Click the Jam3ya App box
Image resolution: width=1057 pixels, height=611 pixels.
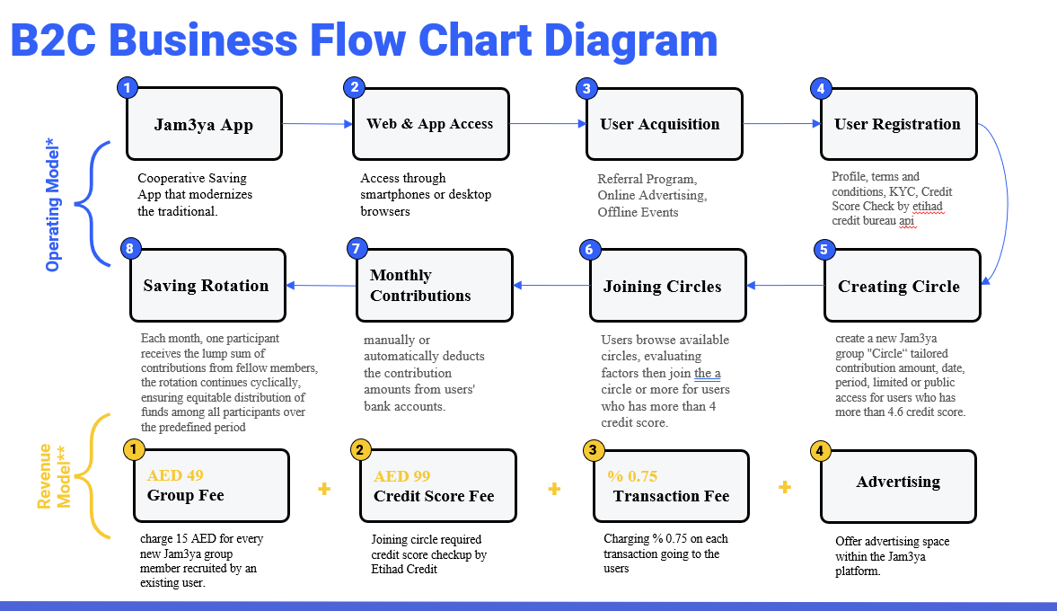[x=204, y=123]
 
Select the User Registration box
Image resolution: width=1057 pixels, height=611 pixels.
[x=899, y=124]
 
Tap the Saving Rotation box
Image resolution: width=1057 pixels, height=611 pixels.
[x=207, y=285]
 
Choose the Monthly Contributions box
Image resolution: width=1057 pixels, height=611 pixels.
[x=434, y=285]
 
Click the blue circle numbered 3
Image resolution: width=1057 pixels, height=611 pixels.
[x=586, y=88]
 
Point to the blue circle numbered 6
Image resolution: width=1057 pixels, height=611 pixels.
[x=589, y=250]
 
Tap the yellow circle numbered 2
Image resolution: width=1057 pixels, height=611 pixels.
[x=360, y=450]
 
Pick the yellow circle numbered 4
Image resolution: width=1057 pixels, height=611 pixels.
[x=820, y=450]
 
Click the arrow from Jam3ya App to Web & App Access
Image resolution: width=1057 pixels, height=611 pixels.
[x=318, y=124]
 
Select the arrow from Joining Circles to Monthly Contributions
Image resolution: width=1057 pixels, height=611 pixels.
[x=551, y=285]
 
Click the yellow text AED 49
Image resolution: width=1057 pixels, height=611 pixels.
[x=175, y=475]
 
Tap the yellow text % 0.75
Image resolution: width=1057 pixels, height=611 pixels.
[x=632, y=476]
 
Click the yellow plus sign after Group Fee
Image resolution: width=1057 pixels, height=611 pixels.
[x=324, y=488]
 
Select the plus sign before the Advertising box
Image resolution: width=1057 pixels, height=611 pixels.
[x=785, y=487]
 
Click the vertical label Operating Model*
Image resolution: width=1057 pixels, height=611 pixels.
[x=53, y=205]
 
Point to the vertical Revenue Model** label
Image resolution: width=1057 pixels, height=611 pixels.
[x=54, y=476]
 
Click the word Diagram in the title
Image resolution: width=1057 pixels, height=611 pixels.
[x=631, y=40]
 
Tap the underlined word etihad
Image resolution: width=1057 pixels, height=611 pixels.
[x=928, y=207]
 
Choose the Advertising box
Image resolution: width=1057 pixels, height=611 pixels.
[x=899, y=486]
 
